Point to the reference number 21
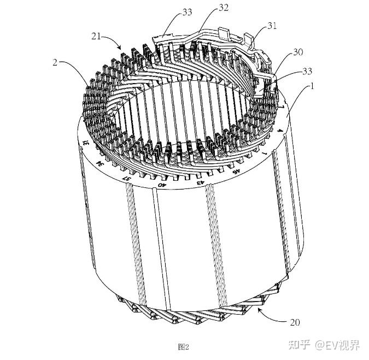coord(96,36)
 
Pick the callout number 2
coord(55,63)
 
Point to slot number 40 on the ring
coord(162,184)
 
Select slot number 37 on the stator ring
coord(127,178)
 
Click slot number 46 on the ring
coord(235,170)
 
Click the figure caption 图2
coord(184,346)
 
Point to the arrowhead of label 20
coord(257,310)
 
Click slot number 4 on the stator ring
coord(280,131)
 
